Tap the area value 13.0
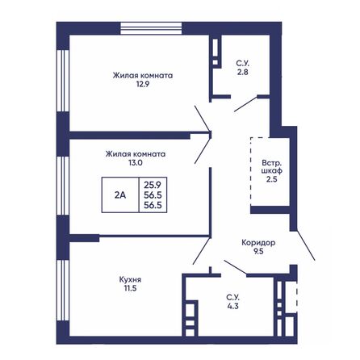click(135, 162)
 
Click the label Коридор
click(259, 243)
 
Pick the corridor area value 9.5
click(259, 252)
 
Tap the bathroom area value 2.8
click(241, 71)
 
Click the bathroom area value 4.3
click(232, 308)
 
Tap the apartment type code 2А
click(119, 195)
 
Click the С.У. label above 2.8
click(241, 61)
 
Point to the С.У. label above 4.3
click(232, 298)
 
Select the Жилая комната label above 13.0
click(135, 153)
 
